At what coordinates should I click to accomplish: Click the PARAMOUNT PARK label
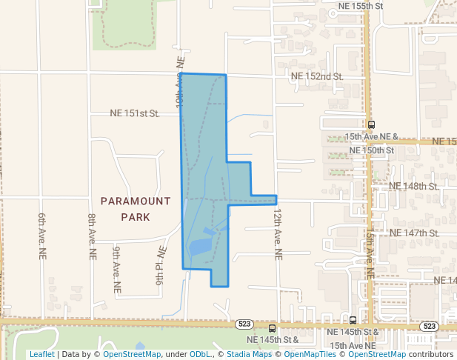(136, 209)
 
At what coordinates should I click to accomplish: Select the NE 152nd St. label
(317, 76)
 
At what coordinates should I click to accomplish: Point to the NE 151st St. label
(135, 113)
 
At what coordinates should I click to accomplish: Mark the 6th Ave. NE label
(42, 236)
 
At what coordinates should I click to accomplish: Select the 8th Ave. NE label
(92, 236)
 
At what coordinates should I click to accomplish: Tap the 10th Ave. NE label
(179, 81)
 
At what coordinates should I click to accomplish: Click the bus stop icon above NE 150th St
(371, 125)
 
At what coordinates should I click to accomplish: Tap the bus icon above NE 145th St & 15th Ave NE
(353, 320)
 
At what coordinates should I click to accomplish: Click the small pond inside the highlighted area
(199, 247)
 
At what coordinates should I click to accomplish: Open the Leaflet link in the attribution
(41, 354)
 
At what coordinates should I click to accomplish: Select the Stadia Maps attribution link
(248, 354)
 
